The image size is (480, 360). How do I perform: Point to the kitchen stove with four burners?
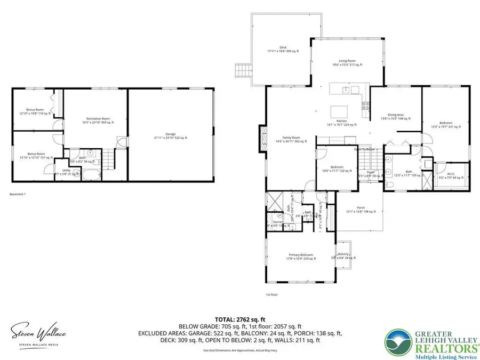[366, 106]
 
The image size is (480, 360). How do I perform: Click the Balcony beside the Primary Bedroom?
[343, 257]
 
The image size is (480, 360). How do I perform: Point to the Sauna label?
[277, 223]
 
